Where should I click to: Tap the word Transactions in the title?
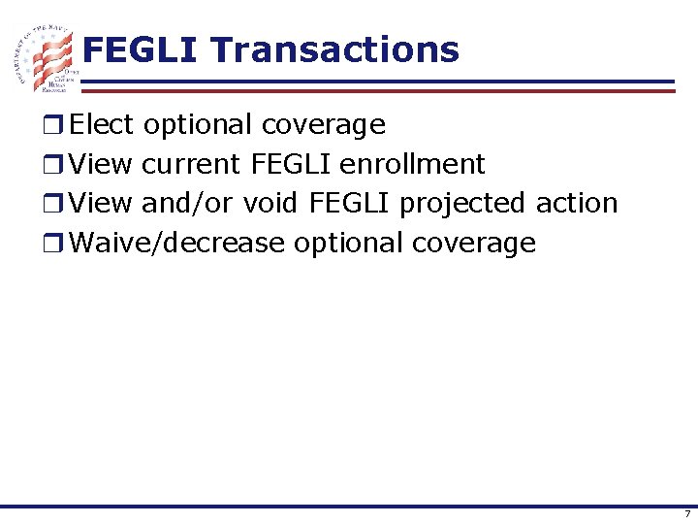(334, 49)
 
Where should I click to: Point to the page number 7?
(686, 513)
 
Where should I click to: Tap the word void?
(271, 204)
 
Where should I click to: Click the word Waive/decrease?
(178, 243)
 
